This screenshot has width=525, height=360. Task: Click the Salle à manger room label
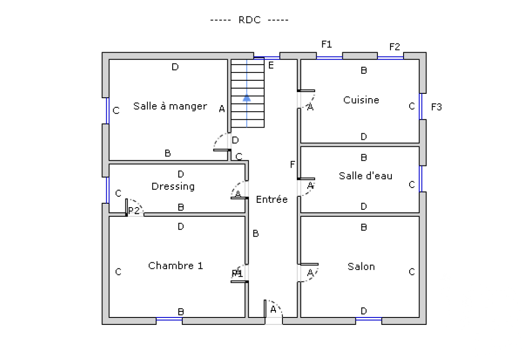coord(170,106)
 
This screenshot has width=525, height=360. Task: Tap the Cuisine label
coord(361,100)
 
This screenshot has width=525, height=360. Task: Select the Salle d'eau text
coord(365,176)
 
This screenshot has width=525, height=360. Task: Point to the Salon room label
coord(361,267)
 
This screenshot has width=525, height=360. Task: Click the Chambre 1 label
coord(175,266)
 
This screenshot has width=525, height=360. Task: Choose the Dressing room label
coord(173,187)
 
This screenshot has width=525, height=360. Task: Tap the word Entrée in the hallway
coord(272,200)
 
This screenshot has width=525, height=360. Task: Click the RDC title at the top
coord(249,20)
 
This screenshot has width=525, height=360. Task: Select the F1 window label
coord(326,44)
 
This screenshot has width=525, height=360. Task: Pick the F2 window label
coord(394,47)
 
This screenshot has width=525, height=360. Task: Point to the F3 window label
coord(436,107)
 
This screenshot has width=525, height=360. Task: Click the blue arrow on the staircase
coord(247,97)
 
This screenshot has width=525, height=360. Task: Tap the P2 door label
coord(134,211)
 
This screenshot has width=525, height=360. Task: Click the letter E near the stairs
coord(271,66)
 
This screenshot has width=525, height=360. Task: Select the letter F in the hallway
coord(292,165)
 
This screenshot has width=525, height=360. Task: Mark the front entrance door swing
coord(274,308)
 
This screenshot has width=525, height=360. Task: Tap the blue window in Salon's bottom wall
coord(369,319)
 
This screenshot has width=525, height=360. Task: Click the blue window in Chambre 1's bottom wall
coord(169,319)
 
